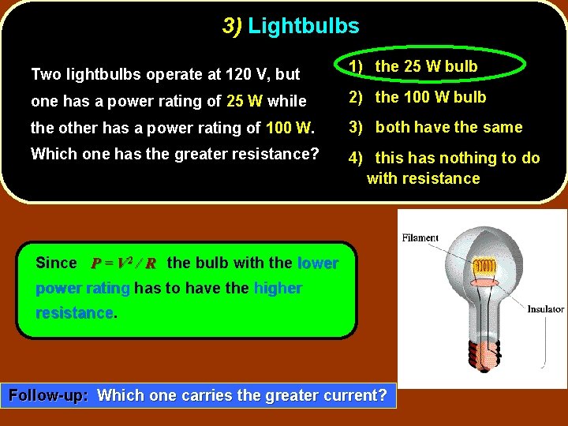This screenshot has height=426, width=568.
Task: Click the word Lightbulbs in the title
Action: pos(304,26)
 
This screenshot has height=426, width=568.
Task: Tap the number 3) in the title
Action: pos(232,26)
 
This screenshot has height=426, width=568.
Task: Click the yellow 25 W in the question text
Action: pos(245,101)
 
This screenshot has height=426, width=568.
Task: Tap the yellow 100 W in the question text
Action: pos(290,127)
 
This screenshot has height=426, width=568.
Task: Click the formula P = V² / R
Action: pos(123,263)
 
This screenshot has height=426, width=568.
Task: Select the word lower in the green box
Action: pos(318,263)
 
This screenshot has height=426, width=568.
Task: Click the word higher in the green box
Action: pos(278,288)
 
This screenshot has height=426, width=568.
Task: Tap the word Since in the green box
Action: pos(57,263)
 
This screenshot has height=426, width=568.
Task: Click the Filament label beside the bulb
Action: pos(420,237)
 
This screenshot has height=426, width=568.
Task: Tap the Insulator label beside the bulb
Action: pos(546,309)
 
